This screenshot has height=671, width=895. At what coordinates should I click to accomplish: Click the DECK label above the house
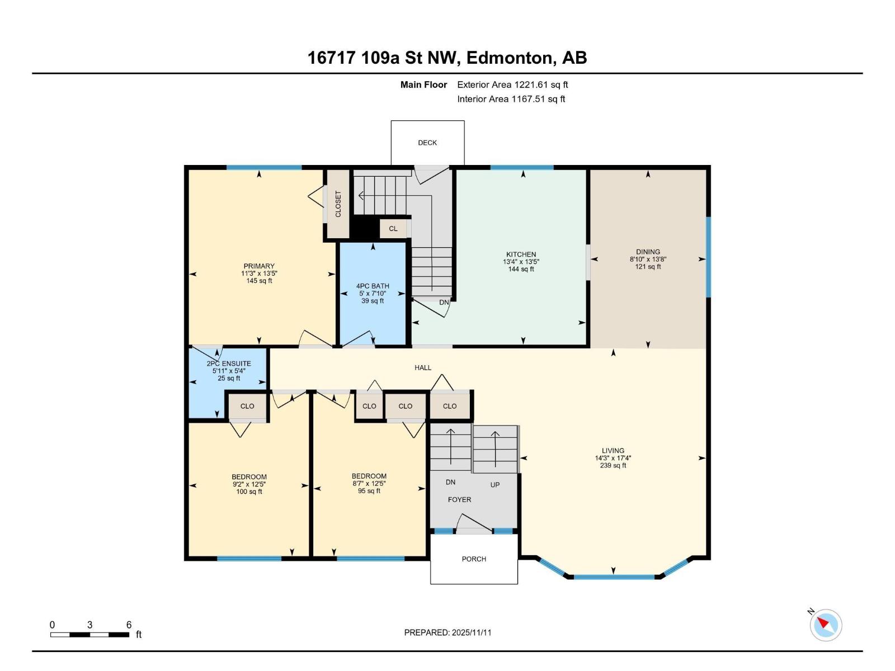coord(427,143)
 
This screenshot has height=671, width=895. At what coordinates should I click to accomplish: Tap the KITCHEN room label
coord(521,254)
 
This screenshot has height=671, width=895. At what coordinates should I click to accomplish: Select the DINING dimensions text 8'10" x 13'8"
coord(648,259)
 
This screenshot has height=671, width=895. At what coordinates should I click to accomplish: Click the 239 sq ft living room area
coord(613,465)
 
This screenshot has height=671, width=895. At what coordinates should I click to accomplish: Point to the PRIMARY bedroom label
coord(259,266)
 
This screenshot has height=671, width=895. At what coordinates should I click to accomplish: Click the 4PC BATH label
coord(373,286)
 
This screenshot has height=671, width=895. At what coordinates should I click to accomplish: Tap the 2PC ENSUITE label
coord(229,363)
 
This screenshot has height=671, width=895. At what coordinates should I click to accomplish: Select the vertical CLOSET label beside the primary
coord(338,204)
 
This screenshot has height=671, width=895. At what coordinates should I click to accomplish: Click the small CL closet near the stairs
coord(393,229)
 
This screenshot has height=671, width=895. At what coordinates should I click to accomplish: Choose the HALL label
coord(423,367)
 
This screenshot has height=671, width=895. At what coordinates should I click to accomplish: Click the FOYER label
coord(459,499)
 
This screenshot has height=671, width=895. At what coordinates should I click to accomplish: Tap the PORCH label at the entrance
coord(474,559)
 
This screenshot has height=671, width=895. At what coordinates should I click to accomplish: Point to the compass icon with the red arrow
coord(826,625)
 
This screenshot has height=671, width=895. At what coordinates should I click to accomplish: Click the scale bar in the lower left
coord(89,635)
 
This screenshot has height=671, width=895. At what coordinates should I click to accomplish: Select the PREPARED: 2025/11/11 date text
coord(447,632)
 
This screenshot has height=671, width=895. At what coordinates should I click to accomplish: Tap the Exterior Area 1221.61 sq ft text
coord(512,85)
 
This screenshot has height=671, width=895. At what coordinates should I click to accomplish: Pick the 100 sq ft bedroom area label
coord(249,492)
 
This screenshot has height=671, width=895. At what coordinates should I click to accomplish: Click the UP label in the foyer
coord(495,485)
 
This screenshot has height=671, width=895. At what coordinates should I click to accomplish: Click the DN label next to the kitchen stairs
coord(444,303)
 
